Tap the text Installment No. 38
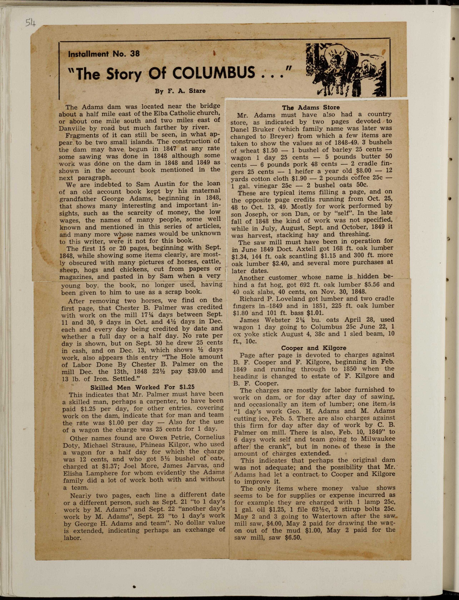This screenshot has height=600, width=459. point(104,54)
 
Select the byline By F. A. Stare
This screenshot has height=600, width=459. point(180,91)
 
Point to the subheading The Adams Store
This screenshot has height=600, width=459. point(311,107)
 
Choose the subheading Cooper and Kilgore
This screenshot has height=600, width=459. point(314,348)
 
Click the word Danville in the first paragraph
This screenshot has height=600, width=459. point(72,128)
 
